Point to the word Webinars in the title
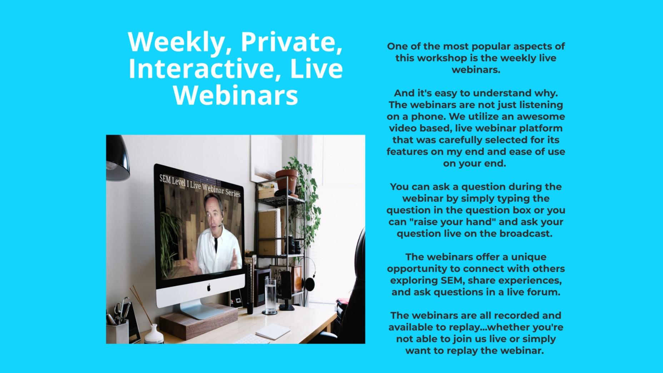[236, 95]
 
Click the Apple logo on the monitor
[209, 287]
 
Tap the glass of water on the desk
[270, 296]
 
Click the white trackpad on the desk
[272, 331]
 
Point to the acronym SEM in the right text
[452, 280]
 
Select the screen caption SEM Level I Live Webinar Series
[200, 186]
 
